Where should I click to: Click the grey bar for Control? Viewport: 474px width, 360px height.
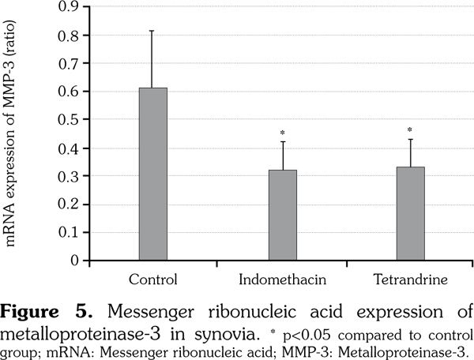[153, 174]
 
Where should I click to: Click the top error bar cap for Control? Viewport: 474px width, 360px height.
[153, 31]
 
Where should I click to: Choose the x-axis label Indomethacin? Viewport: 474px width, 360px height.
[282, 279]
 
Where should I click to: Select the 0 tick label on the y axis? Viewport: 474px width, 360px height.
[74, 260]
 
